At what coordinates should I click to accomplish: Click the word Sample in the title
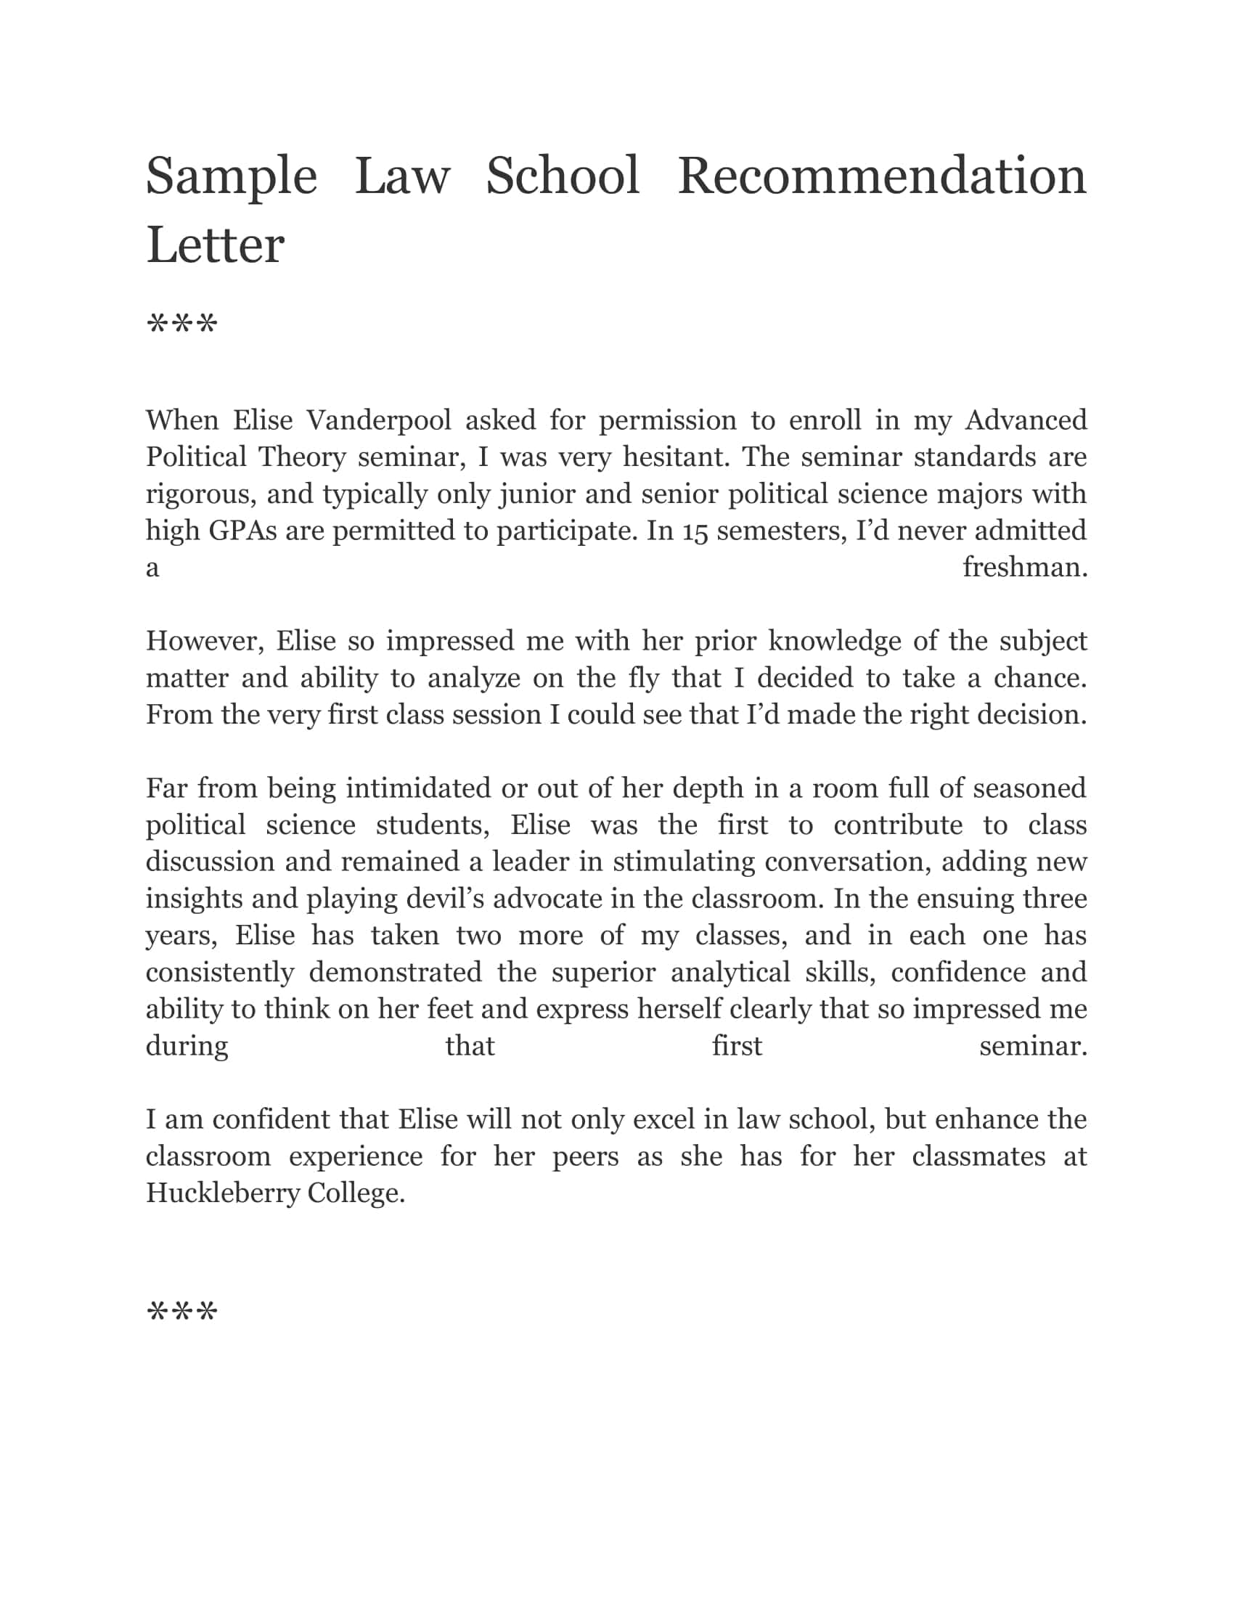[x=231, y=177]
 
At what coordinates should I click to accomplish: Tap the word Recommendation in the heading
[x=882, y=177]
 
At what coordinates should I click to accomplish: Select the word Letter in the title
[x=215, y=245]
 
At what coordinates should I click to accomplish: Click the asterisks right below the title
[x=182, y=324]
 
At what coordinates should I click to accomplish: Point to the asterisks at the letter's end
[x=182, y=1312]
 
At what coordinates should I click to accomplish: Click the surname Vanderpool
[x=379, y=420]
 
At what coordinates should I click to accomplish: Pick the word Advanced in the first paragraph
[x=1026, y=420]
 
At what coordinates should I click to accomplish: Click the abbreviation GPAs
[x=242, y=531]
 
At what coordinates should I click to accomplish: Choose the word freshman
[x=1025, y=568]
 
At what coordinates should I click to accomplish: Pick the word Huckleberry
[x=222, y=1193]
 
